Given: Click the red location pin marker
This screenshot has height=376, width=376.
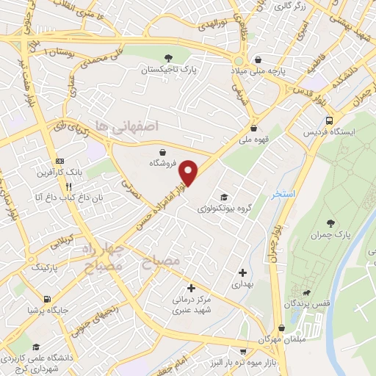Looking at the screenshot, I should coord(189,173).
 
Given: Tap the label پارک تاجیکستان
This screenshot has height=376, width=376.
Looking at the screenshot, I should coord(170,71).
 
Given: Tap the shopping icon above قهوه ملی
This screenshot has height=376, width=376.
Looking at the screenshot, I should coord(253,127).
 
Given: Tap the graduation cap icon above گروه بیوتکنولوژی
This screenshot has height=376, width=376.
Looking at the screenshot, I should coord(223,197).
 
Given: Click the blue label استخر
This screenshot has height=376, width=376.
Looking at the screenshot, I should coord(283,195).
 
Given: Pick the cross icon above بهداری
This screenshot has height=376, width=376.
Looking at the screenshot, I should coord(242,272).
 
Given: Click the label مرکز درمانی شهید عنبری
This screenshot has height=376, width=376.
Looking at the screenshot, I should coord(192,305).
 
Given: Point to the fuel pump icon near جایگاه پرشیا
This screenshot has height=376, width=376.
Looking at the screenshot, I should coord(48,299).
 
